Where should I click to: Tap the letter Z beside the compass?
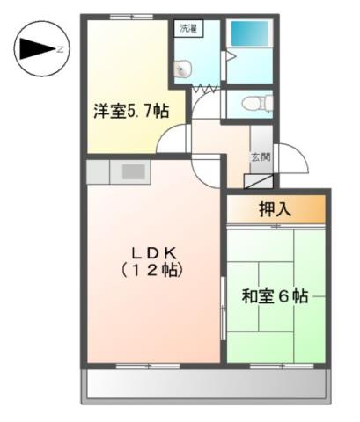click(59, 49)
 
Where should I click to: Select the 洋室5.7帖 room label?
click(132, 112)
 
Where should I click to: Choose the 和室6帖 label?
click(275, 296)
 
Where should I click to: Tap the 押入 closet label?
click(276, 210)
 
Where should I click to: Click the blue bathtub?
click(250, 35)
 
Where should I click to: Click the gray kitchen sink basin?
click(133, 172)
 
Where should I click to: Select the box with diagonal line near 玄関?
click(259, 184)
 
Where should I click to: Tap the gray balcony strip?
click(208, 385)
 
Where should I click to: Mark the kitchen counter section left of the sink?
click(98, 171)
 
